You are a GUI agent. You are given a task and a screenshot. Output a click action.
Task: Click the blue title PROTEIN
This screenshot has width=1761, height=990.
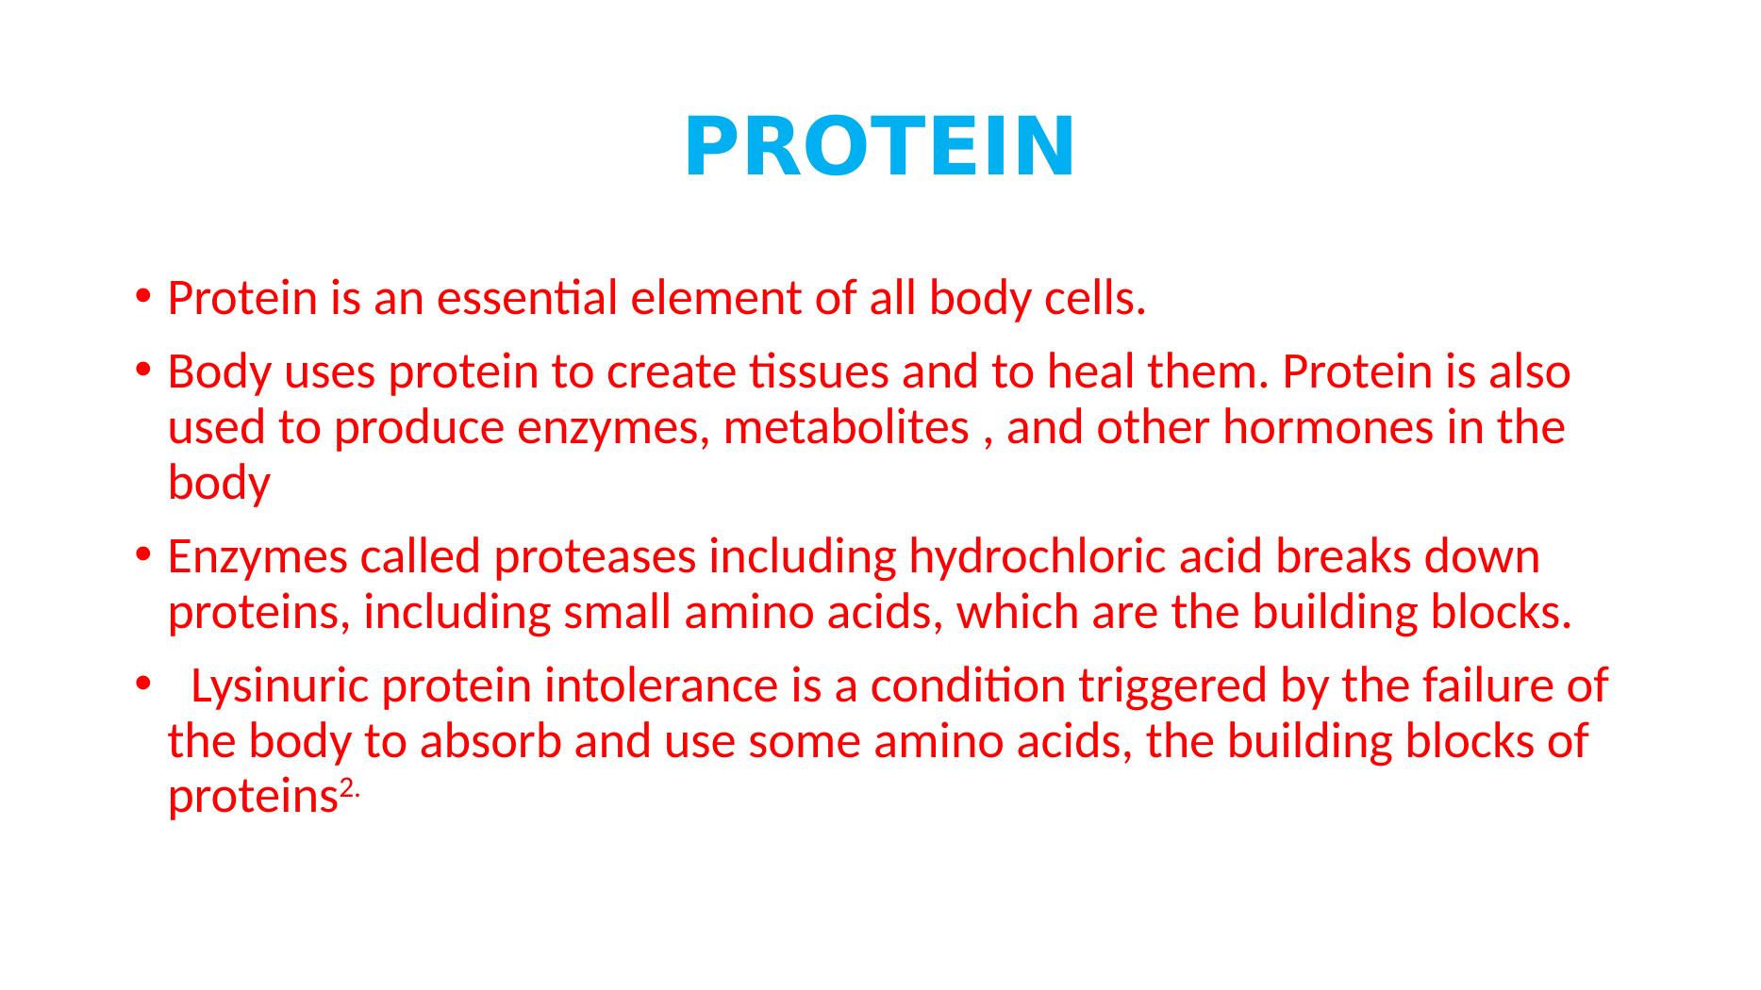click(x=879, y=146)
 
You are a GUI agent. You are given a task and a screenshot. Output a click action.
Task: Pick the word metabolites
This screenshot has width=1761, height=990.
click(x=846, y=428)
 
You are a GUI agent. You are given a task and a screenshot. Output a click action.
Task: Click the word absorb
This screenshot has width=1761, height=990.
click(x=491, y=741)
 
